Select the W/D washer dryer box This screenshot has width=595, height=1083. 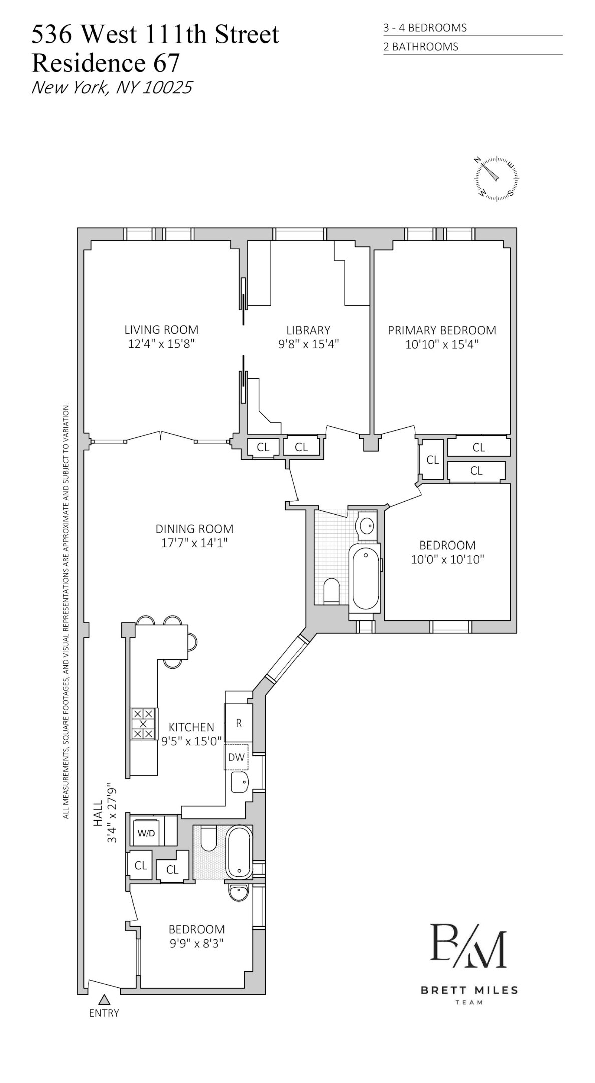[x=146, y=833]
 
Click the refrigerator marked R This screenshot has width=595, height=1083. [x=239, y=723]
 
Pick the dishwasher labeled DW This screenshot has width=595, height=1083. [x=236, y=757]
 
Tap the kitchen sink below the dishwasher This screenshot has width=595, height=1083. [x=240, y=781]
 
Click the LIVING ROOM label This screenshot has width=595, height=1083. [x=161, y=330]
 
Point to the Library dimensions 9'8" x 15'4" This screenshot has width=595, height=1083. [x=309, y=344]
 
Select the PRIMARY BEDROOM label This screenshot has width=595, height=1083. [x=442, y=330]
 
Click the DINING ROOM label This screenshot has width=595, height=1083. [x=194, y=528]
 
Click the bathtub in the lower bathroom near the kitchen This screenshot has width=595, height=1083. [x=239, y=852]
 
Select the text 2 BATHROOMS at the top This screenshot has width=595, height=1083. [x=420, y=47]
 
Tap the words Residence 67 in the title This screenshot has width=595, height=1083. [x=105, y=63]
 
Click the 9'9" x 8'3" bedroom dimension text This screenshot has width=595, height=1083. [x=196, y=943]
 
